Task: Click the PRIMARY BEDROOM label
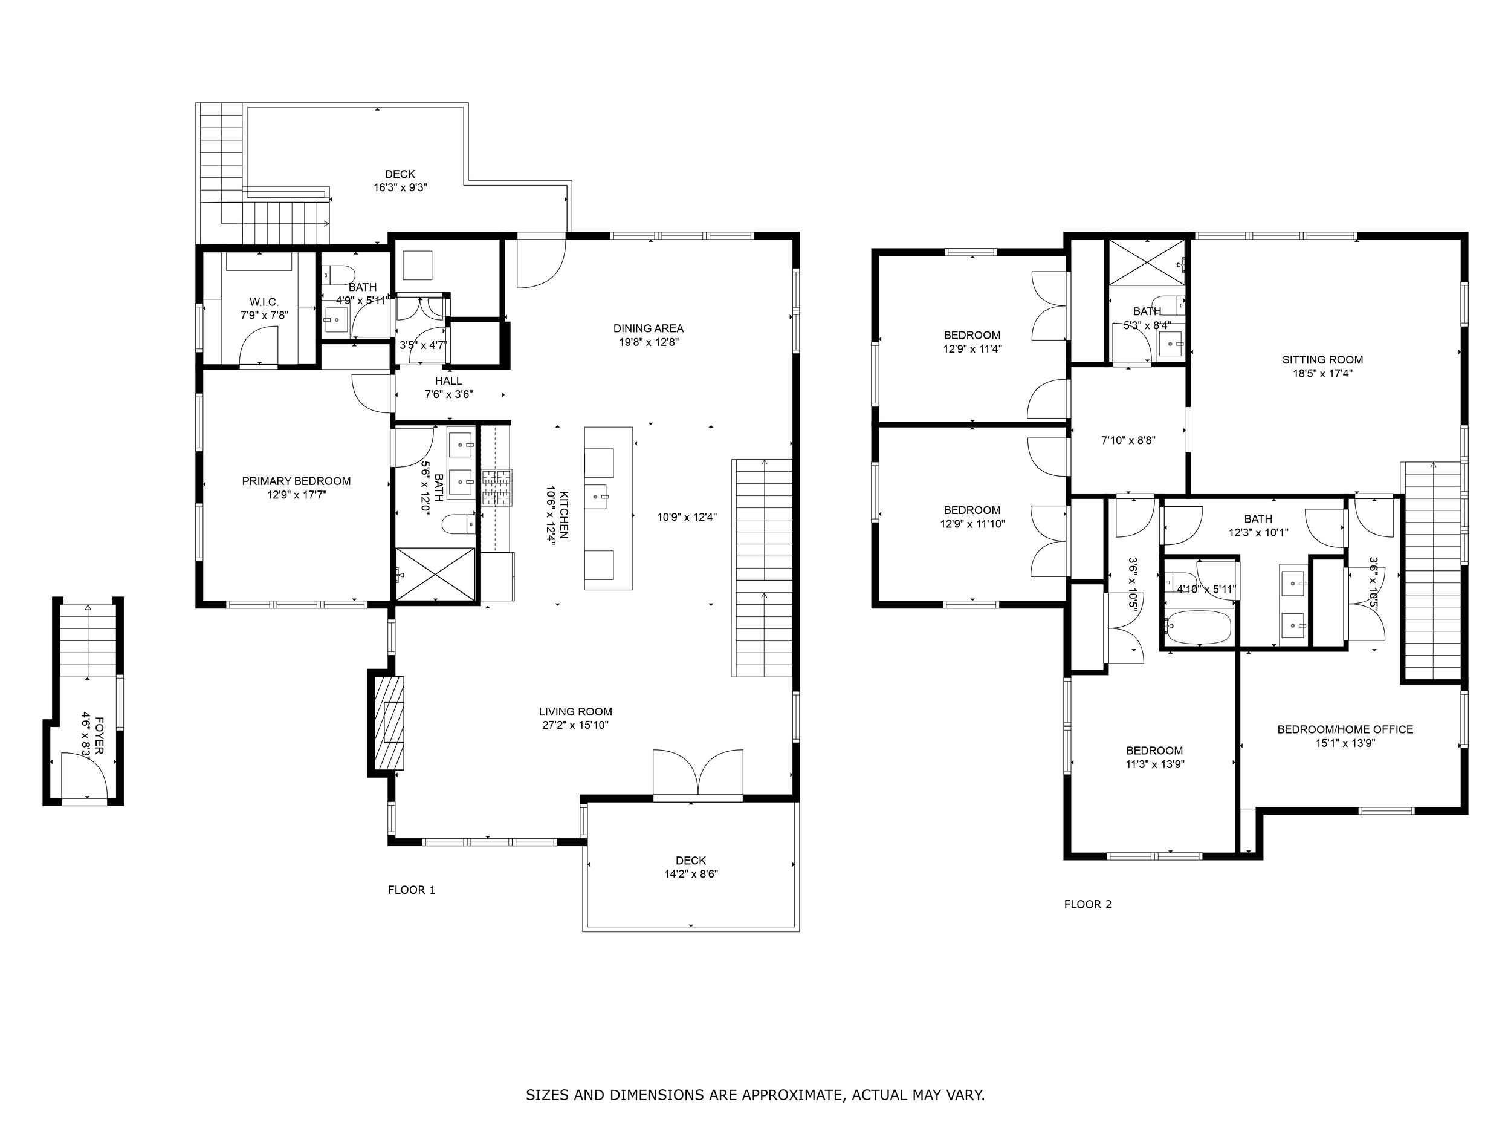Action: pos(297,481)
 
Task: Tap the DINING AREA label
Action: pos(649,328)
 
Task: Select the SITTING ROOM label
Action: pos(1322,359)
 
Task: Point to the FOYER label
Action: pos(100,735)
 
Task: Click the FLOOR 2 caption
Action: pos(1088,904)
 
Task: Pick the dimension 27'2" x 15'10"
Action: pos(575,725)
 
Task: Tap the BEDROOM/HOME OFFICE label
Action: pos(1345,729)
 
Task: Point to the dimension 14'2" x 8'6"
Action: pos(691,873)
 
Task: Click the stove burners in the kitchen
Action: pos(497,487)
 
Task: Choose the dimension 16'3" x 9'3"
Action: pos(400,187)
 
